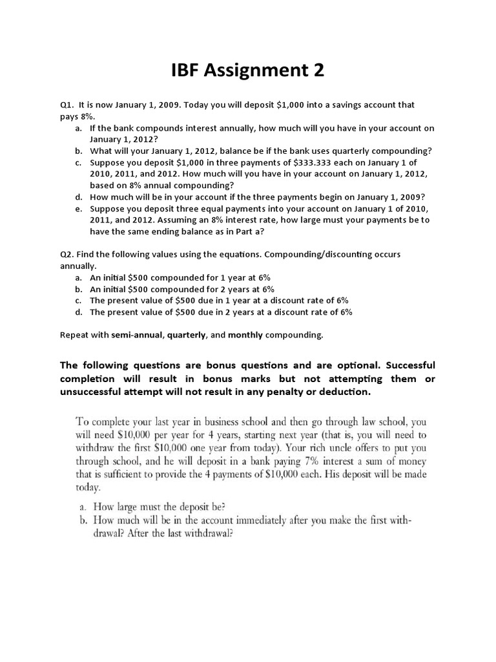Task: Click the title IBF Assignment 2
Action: (x=247, y=70)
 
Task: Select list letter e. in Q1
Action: (x=78, y=209)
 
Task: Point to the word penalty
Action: (x=304, y=392)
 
